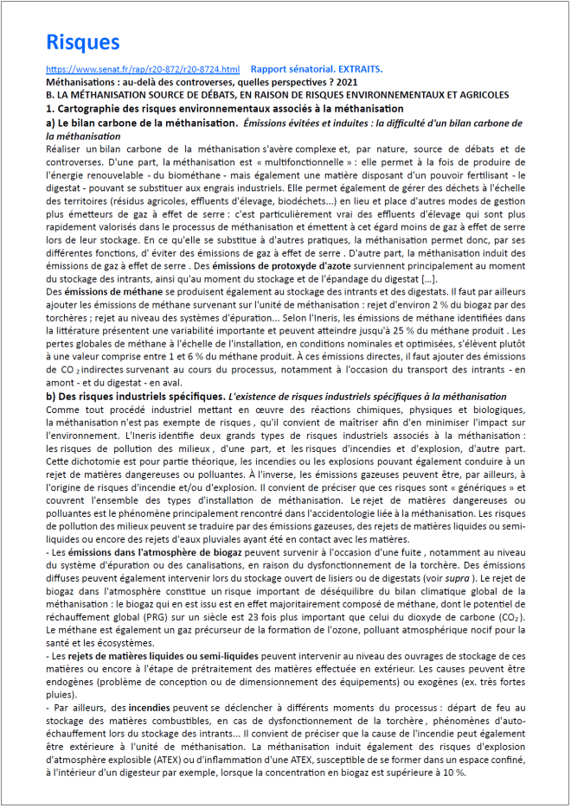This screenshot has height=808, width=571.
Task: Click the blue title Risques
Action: [x=82, y=42]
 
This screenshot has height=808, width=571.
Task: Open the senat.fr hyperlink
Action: [x=142, y=69]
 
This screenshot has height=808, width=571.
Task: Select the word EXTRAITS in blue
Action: [x=355, y=69]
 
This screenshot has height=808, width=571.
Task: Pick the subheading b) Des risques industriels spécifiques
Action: [x=142, y=396]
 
